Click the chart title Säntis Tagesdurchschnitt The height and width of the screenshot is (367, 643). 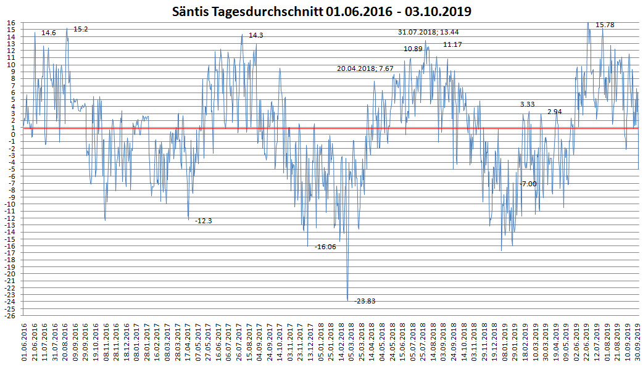point(321,11)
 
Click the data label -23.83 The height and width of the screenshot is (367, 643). point(365,301)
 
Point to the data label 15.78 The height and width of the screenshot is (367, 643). point(605,25)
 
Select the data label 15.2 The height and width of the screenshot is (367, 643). point(80,29)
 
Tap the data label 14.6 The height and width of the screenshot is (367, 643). point(49,33)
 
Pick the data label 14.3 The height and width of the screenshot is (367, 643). point(256,35)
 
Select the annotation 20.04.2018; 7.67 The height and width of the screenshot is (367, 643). point(365,68)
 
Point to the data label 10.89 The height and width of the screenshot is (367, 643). point(413,49)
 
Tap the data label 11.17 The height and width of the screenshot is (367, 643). point(452,44)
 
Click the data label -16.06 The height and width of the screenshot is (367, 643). point(325,247)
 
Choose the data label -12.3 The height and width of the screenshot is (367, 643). point(204,221)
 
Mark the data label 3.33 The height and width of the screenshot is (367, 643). point(527,104)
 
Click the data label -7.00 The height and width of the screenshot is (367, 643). point(528,184)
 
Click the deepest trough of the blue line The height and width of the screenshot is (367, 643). point(348,300)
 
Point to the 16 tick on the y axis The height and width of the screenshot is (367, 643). point(11,23)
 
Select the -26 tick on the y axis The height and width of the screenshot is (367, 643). point(10,316)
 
